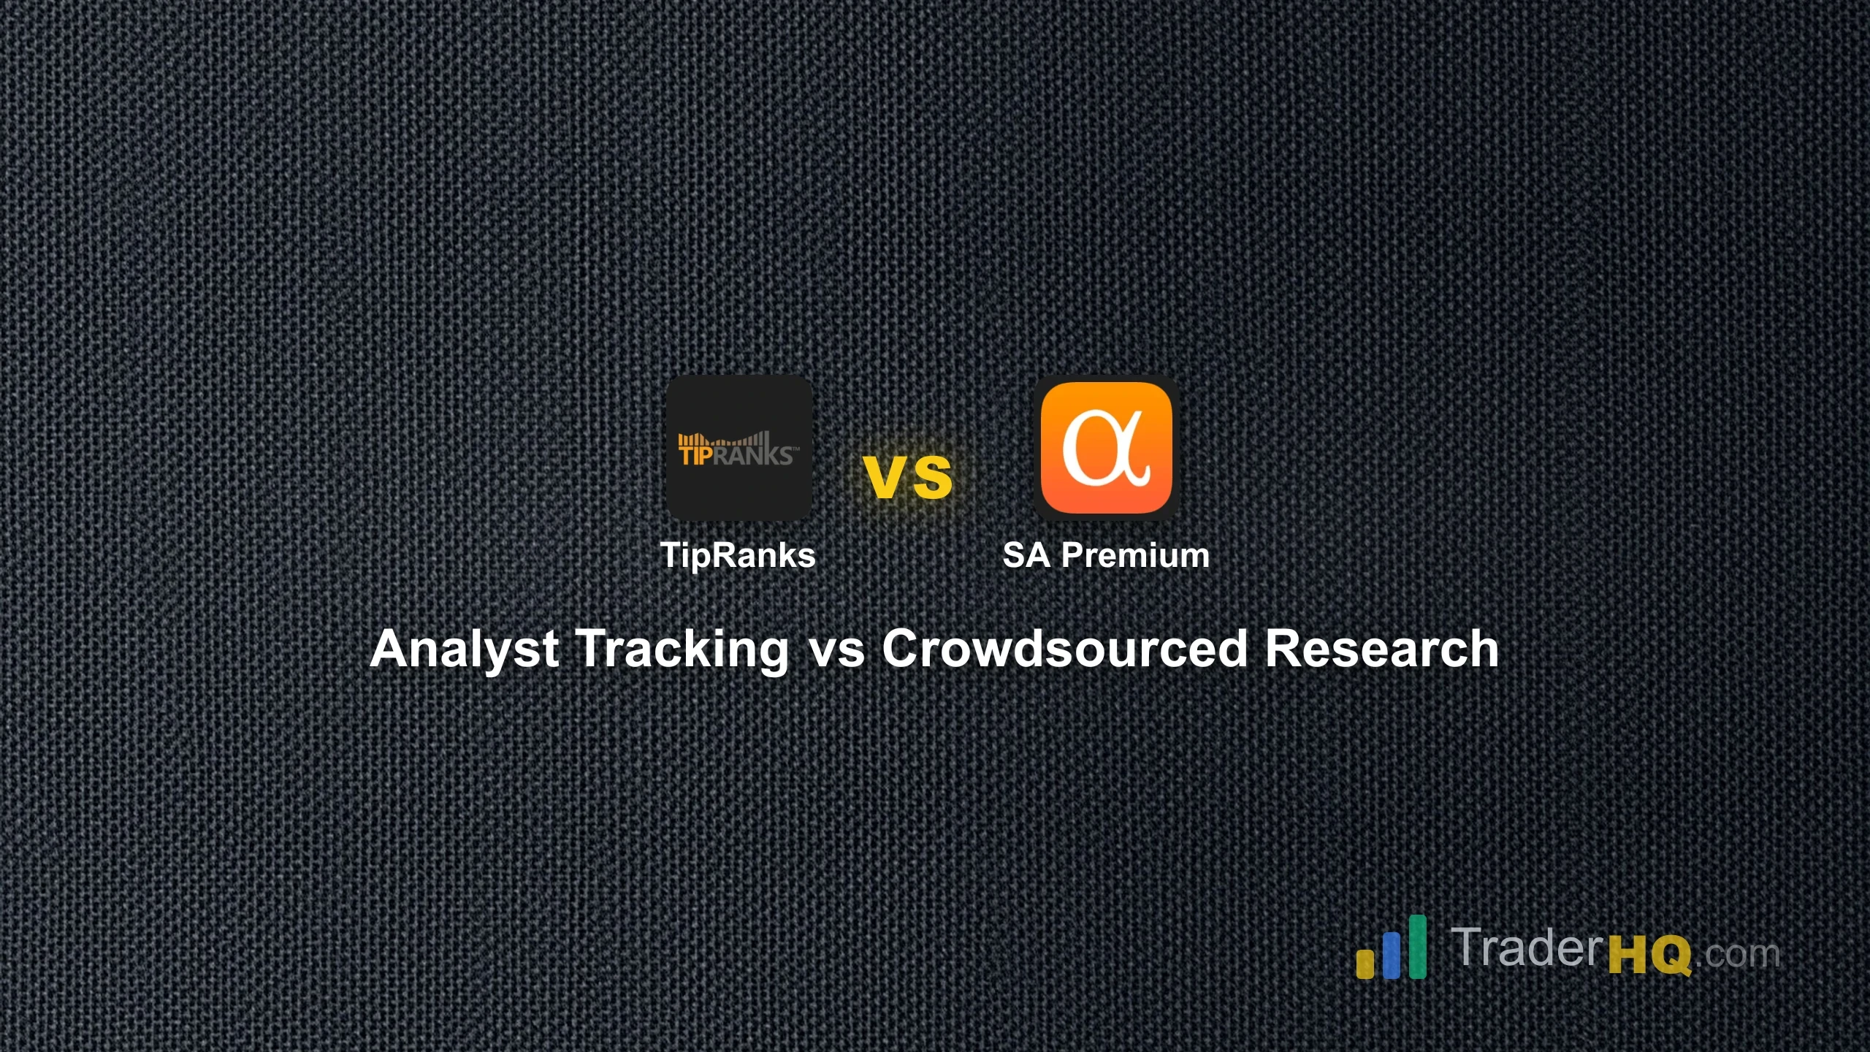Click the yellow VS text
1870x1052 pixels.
pyautogui.click(x=908, y=477)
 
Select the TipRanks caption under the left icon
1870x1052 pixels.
pyautogui.click(x=738, y=555)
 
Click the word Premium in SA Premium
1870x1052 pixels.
pyautogui.click(x=1135, y=555)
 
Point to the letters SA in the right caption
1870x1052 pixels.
pyautogui.click(x=1026, y=555)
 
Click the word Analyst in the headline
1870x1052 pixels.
pyautogui.click(x=465, y=649)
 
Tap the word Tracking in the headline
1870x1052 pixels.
pyautogui.click(x=682, y=649)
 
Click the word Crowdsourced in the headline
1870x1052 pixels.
pyautogui.click(x=1064, y=649)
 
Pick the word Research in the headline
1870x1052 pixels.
pyautogui.click(x=1381, y=649)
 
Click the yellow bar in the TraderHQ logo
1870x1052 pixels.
pyautogui.click(x=1365, y=962)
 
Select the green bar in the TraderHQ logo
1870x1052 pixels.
pyautogui.click(x=1417, y=946)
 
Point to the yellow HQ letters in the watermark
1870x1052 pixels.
pyautogui.click(x=1649, y=953)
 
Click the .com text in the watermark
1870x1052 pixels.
pyautogui.click(x=1737, y=953)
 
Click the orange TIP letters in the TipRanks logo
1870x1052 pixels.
pyautogui.click(x=695, y=454)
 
